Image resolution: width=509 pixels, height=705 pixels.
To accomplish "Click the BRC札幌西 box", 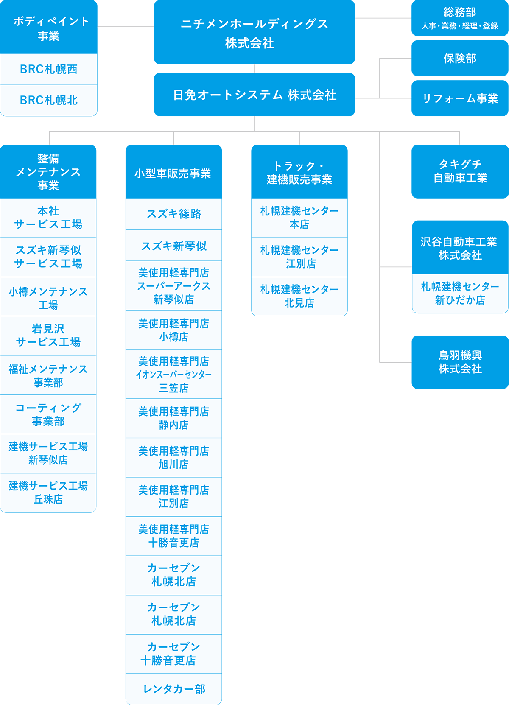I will point(48,69).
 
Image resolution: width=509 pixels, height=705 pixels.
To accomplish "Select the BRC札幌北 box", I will point(48,100).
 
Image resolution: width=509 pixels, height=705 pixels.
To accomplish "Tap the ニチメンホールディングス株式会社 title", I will point(254,33).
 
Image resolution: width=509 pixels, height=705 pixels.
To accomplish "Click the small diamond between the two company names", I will point(255,68).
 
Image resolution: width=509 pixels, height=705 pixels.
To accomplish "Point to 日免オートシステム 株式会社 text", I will point(255,95).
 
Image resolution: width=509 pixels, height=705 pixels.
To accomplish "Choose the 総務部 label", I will point(460,12).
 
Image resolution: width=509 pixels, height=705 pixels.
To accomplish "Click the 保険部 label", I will point(460,59).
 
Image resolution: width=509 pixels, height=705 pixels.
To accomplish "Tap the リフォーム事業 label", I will point(460,98).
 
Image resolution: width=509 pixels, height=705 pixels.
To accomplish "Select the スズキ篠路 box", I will point(173,214).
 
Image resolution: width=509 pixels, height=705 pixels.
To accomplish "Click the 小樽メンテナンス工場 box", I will point(48,298).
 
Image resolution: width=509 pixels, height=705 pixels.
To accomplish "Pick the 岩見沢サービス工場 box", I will point(48,335).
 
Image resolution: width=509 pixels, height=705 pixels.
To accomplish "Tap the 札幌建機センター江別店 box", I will point(299,257).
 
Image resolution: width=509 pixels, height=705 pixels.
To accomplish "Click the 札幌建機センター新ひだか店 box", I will point(460,293).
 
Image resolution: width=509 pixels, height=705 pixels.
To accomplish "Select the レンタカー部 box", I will point(173,689).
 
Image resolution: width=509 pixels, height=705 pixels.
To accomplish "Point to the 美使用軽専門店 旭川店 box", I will point(173,457).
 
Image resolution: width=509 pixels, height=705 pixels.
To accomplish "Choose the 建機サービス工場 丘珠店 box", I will point(48,492).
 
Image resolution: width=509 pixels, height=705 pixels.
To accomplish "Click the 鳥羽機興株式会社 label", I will point(460,362).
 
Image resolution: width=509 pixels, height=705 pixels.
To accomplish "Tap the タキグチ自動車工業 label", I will point(460,171).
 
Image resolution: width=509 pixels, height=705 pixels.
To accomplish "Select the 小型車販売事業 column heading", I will point(173,173).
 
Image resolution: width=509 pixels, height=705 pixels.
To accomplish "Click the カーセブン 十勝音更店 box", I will point(173,653).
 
